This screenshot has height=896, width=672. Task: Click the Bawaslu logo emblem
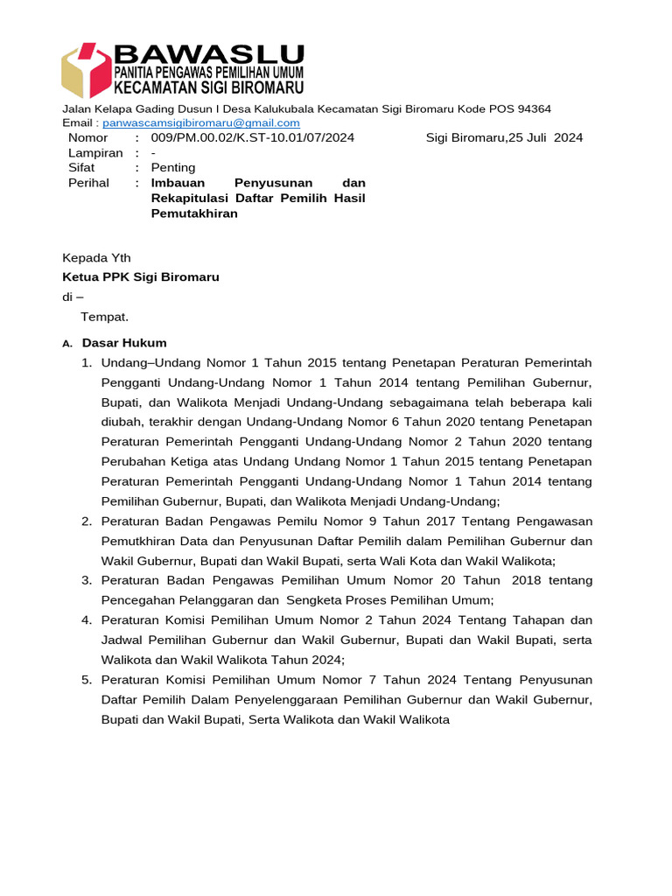87,70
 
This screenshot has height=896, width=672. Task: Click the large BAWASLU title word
209,55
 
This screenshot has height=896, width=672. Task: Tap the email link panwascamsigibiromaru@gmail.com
200,123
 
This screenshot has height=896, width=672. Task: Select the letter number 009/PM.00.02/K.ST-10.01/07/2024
253,137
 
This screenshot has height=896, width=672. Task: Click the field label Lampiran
95,152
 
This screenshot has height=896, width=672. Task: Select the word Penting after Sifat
173,167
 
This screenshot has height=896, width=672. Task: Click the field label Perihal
88,183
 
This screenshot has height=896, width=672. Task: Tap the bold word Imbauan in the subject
178,183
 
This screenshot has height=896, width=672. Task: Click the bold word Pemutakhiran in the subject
194,213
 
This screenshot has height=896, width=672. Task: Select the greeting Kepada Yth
96,257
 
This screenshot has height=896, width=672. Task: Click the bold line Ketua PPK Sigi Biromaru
140,276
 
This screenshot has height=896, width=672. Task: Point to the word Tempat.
105,316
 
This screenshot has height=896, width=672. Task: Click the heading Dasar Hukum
124,343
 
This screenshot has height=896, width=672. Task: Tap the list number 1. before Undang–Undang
87,362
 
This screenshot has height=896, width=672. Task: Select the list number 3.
87,580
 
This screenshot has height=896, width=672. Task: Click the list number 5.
87,679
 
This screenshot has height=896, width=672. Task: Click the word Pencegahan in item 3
136,599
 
